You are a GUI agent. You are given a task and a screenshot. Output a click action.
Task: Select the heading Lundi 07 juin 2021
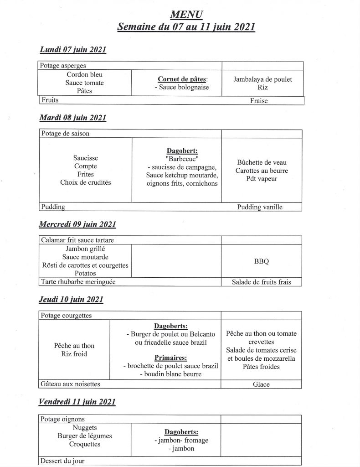(73, 49)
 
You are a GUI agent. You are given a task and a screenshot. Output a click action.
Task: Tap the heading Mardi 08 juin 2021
(73, 118)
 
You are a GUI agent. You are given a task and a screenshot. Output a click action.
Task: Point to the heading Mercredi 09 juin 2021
(78, 224)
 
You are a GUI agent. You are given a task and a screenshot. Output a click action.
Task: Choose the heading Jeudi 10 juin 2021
(71, 299)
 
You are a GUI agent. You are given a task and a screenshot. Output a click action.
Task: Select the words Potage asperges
(63, 66)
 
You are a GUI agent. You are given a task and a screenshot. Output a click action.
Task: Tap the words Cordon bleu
(85, 74)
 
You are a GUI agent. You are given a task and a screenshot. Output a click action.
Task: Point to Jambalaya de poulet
(262, 79)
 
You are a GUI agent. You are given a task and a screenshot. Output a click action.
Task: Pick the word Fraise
(259, 101)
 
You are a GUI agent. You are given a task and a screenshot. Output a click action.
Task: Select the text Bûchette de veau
(262, 162)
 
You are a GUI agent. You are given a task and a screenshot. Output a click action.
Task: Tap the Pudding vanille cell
(260, 207)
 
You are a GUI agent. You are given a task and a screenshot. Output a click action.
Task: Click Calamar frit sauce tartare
(77, 240)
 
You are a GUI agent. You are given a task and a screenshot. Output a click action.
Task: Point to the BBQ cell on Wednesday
(261, 261)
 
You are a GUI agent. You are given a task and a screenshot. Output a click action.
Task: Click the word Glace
(261, 384)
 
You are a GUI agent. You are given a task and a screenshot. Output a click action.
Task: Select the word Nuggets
(85, 428)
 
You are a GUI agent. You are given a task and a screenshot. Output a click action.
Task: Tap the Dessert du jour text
(63, 461)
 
